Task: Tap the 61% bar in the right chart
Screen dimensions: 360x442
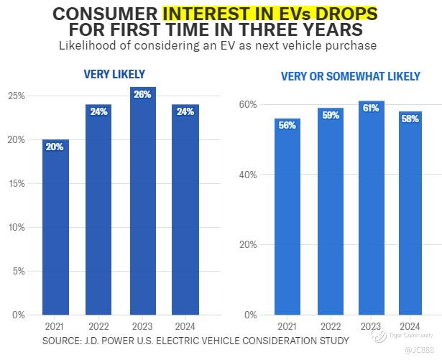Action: [x=371, y=208]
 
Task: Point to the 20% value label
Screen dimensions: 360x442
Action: [x=55, y=147]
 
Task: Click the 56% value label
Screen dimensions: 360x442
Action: [x=287, y=125]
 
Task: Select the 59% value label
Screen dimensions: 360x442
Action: [x=331, y=115]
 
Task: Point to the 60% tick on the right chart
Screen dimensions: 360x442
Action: [x=248, y=104]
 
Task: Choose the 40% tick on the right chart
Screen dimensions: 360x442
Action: [x=248, y=175]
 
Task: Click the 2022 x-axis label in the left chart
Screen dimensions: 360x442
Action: [x=98, y=327]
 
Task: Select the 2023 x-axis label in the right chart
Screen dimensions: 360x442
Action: [x=371, y=327]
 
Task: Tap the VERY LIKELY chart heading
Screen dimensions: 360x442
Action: [x=114, y=74]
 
